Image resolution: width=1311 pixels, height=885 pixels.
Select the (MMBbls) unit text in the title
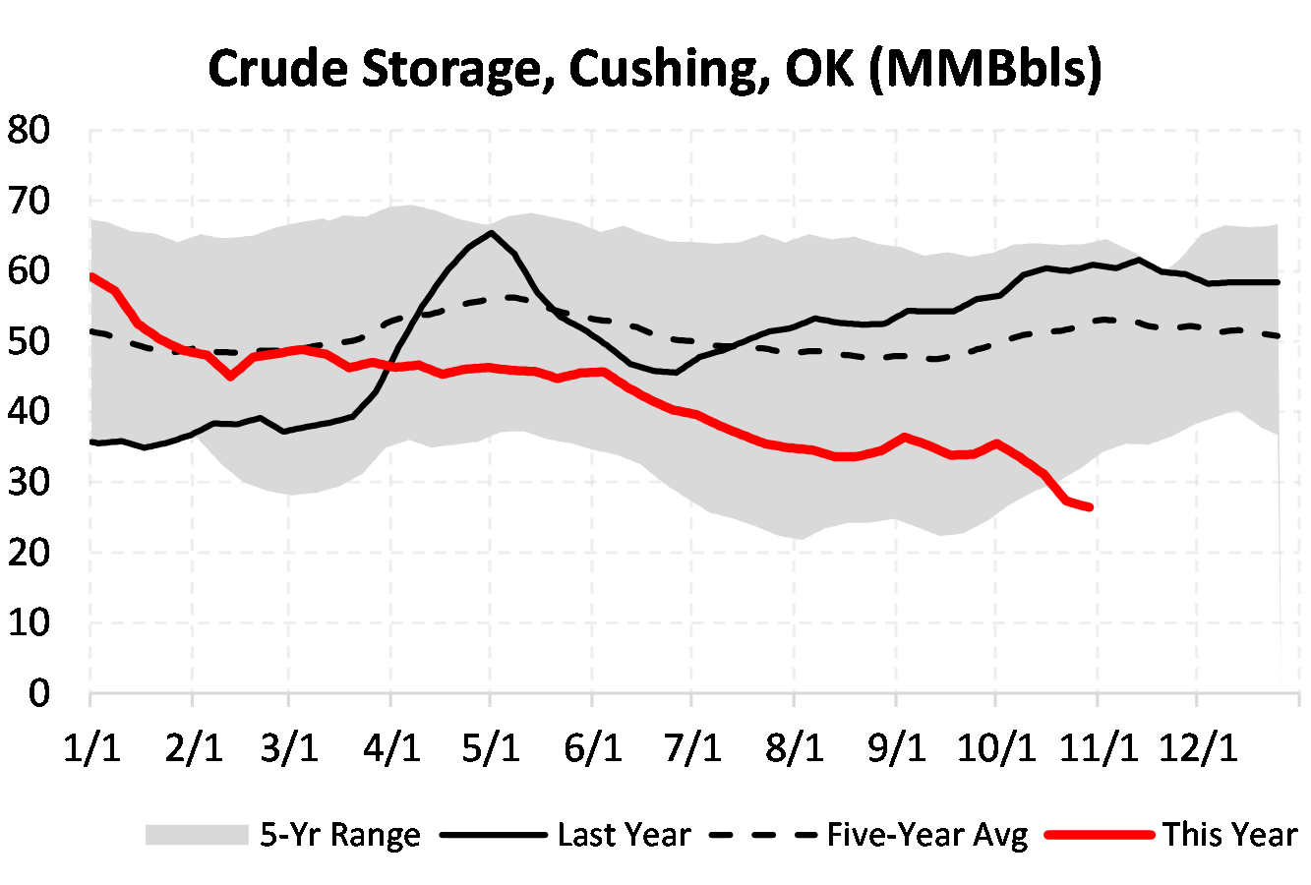[x=985, y=69]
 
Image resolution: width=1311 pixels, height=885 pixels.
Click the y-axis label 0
[x=39, y=693]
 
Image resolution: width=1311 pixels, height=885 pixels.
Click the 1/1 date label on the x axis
[x=91, y=747]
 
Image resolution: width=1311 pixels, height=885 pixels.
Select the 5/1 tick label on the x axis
[x=491, y=747]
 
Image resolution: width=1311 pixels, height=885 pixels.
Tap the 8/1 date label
[x=794, y=747]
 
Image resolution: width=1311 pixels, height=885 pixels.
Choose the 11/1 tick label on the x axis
[x=1099, y=747]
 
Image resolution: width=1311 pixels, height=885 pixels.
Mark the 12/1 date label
[x=1198, y=747]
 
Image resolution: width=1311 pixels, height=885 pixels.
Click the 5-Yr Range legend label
[x=340, y=835]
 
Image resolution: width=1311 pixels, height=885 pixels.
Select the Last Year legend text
[x=624, y=835]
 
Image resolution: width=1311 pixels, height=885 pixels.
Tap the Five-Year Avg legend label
[x=926, y=835]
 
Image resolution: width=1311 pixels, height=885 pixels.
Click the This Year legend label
[x=1230, y=835]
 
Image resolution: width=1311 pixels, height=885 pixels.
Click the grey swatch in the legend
[x=196, y=835]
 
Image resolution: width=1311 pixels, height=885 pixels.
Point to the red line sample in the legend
[x=1100, y=835]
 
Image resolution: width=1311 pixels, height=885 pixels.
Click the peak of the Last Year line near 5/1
[x=491, y=233]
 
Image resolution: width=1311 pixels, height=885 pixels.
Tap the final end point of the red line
[x=1090, y=507]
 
